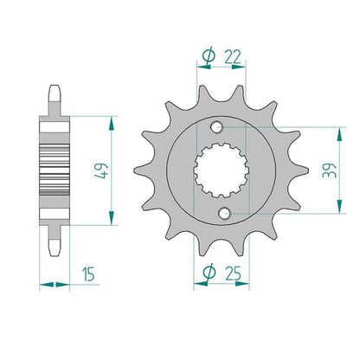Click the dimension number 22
click(x=233, y=57)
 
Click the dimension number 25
click(x=233, y=273)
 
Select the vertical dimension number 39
click(x=330, y=170)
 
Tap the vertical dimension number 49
click(x=101, y=170)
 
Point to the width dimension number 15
click(x=88, y=273)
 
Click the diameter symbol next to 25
click(x=209, y=272)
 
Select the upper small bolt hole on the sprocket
click(x=217, y=127)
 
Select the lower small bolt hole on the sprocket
click(x=224, y=213)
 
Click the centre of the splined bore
click(x=221, y=170)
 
